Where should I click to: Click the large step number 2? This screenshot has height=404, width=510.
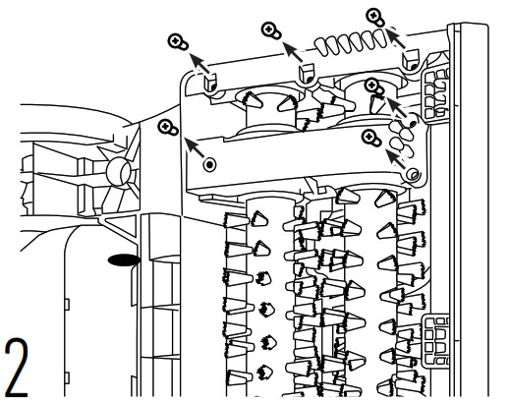click(x=17, y=368)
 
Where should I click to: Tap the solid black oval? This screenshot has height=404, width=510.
click(x=124, y=260)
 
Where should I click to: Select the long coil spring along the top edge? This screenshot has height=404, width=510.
click(x=351, y=42)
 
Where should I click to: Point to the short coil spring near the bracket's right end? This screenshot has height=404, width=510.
click(x=402, y=137)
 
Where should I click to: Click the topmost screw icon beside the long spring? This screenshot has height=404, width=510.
click(x=375, y=17)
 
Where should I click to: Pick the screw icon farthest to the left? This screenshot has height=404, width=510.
click(x=168, y=128)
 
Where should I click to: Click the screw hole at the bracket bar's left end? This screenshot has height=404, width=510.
click(x=209, y=164)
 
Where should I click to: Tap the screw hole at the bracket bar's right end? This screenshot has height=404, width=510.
click(x=412, y=174)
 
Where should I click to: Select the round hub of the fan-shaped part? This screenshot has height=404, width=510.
click(x=119, y=171)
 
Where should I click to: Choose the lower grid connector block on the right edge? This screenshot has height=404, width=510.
click(x=435, y=341)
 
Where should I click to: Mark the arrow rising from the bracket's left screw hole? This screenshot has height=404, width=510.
click(x=196, y=147)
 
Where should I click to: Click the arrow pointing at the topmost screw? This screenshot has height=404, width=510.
click(x=396, y=38)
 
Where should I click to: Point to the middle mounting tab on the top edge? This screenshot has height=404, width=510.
click(x=307, y=74)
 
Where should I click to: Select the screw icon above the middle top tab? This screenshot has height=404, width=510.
click(x=271, y=30)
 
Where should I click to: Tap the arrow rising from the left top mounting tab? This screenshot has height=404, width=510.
click(x=199, y=64)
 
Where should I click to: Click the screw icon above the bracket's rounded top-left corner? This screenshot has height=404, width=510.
click(x=178, y=42)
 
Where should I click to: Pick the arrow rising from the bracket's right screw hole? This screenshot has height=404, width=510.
click(x=396, y=159)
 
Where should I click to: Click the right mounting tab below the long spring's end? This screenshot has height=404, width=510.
click(x=411, y=59)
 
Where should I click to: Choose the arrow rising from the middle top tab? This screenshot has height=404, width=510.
click(x=293, y=52)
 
